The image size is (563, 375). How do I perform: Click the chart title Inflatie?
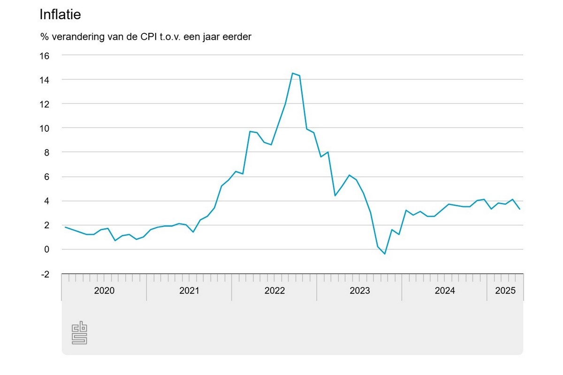[61, 15]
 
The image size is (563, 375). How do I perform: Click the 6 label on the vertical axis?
[46, 177]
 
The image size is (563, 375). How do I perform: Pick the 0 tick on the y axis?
[46, 249]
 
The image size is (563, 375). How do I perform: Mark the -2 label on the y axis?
[45, 274]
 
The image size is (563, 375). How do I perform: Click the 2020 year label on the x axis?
[104, 291]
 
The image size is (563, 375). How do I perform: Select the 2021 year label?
[189, 291]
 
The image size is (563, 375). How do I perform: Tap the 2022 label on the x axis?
[274, 291]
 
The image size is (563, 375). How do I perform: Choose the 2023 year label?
[359, 291]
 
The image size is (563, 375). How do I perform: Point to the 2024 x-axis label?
[444, 291]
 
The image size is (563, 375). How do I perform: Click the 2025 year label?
[505, 291]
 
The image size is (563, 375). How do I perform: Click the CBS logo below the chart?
[79, 333]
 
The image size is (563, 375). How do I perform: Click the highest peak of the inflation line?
[292, 73]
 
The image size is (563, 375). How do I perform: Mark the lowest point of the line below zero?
[385, 254]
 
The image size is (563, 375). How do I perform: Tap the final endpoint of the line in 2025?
[519, 209]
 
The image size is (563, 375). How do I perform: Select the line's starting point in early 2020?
[65, 227]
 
